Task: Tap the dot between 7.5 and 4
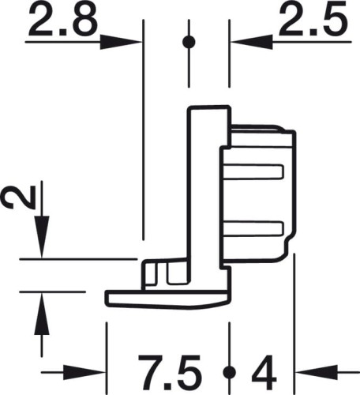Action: click(229, 371)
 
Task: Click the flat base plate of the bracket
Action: click(166, 298)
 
